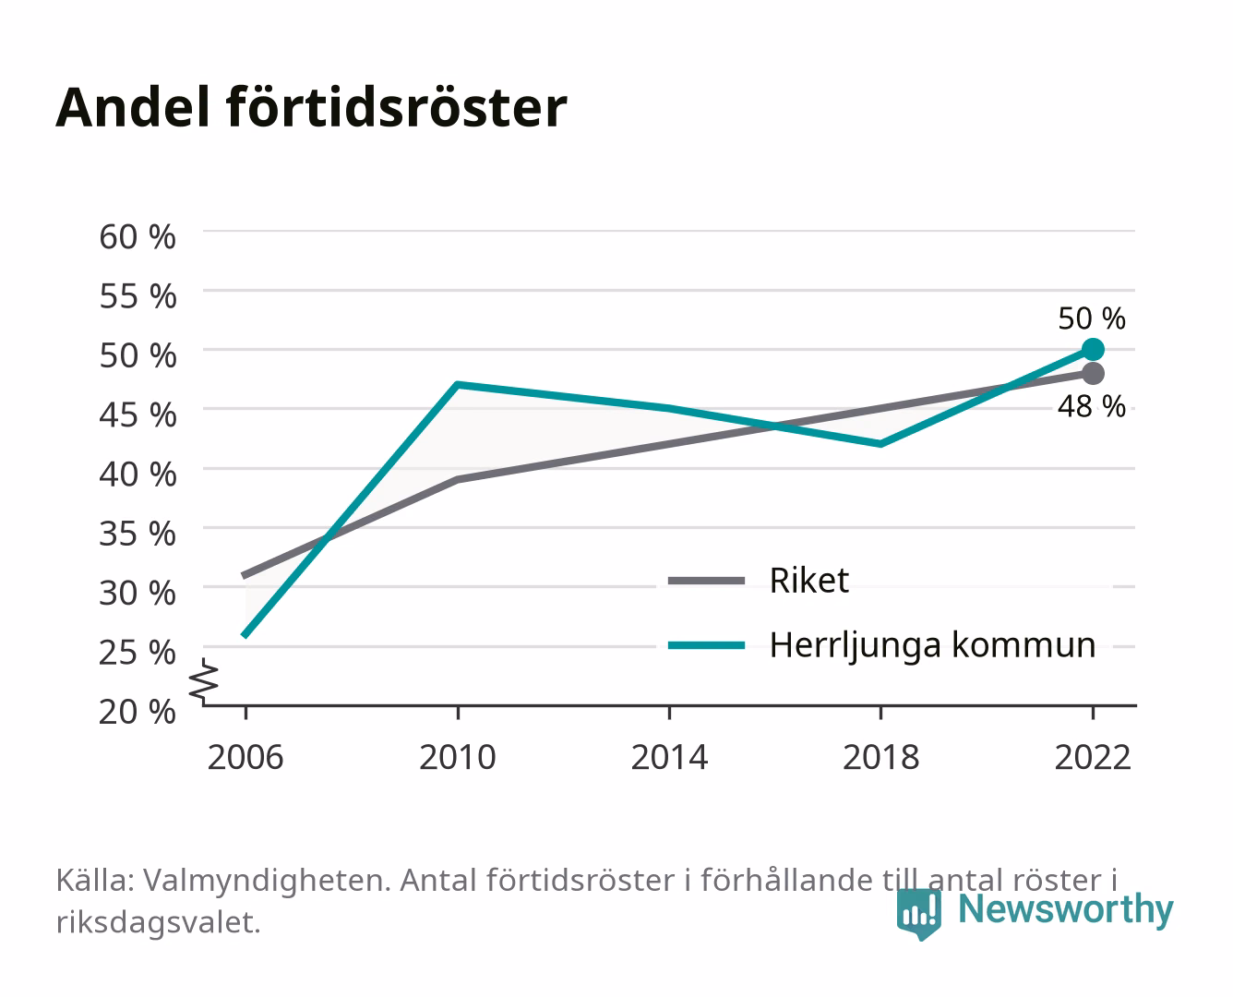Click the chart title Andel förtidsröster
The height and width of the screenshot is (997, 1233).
311,108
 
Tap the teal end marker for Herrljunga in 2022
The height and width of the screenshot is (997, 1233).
1093,350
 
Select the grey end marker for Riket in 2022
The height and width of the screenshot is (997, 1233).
1093,374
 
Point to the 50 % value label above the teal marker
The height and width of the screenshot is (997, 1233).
1092,318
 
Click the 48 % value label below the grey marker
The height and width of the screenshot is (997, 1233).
1092,406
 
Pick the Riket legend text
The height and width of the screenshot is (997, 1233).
808,580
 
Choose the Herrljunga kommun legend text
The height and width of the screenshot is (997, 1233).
932,645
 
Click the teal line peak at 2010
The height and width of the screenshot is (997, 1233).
458,384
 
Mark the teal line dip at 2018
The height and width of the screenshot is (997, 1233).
880,444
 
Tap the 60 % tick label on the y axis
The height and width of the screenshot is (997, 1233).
138,237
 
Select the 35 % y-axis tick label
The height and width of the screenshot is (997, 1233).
138,534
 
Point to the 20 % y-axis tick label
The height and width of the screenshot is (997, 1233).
138,712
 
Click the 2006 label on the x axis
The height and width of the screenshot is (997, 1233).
245,757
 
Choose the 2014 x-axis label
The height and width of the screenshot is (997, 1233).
669,757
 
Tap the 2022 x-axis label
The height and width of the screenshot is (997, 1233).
1093,757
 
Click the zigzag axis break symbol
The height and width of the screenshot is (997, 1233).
204,681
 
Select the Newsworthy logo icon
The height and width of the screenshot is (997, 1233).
918,914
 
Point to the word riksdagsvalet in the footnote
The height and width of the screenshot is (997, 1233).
158,922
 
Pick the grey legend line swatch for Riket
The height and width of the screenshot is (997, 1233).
706,581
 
